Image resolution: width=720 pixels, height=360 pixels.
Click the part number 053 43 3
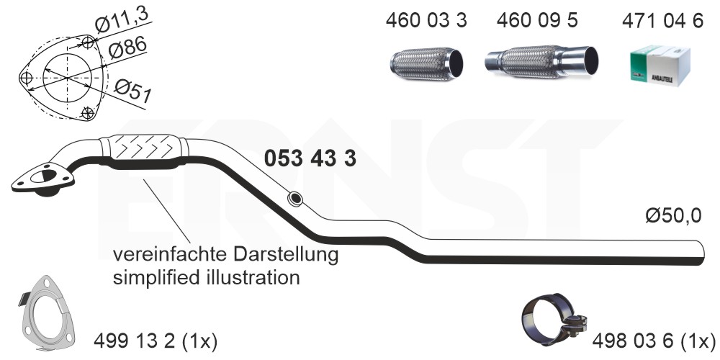(x=310, y=158)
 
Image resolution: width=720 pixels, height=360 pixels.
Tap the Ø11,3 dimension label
(x=122, y=21)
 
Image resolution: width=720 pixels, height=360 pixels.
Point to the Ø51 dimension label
(x=132, y=91)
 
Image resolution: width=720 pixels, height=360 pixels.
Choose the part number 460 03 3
(x=426, y=20)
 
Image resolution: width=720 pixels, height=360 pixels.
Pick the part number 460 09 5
(x=537, y=20)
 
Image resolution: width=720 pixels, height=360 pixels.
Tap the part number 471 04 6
(x=662, y=21)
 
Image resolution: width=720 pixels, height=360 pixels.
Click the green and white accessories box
(x=660, y=65)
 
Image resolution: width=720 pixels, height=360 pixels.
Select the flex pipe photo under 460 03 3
(x=426, y=63)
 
